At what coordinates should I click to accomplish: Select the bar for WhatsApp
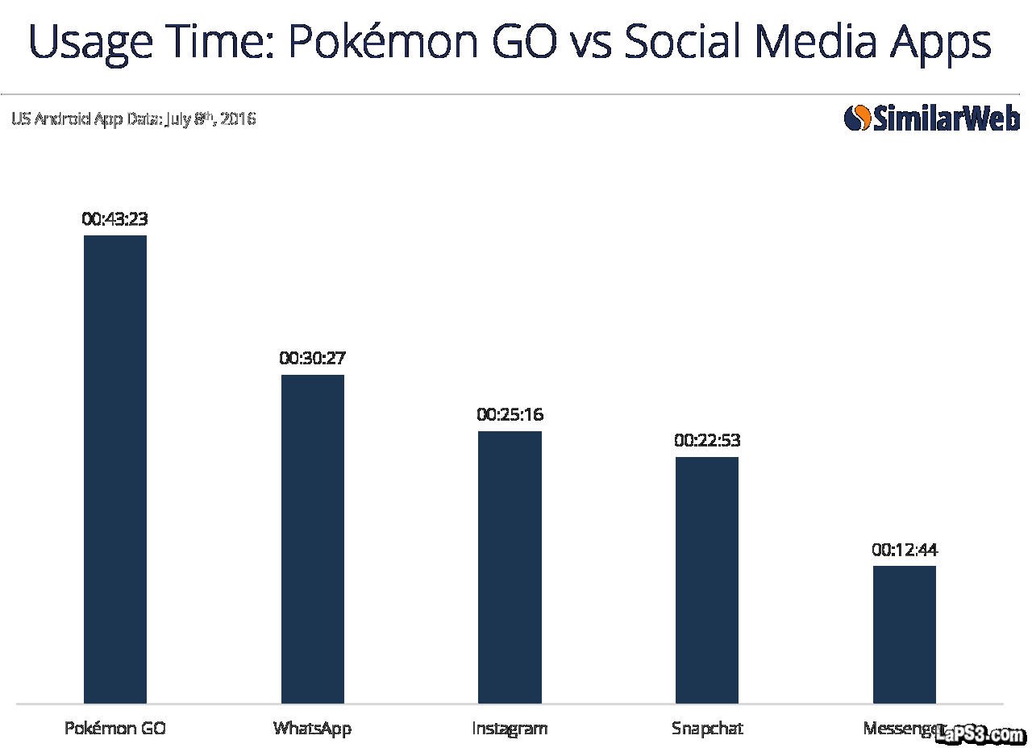[x=312, y=538]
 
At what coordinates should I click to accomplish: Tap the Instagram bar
[x=510, y=567]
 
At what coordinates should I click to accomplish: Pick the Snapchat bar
[x=707, y=580]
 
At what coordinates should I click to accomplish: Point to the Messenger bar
[x=904, y=634]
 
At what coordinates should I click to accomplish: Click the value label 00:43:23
[x=114, y=218]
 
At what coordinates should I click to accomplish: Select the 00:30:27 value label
[x=312, y=358]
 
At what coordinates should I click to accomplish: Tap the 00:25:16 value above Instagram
[x=510, y=415]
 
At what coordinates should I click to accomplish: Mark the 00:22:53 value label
[x=707, y=441]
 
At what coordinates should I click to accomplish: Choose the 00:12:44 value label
[x=904, y=551]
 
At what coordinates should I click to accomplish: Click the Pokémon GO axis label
[x=115, y=729]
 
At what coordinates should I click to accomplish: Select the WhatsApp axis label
[x=312, y=729]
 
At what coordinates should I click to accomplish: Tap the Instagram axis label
[x=510, y=729]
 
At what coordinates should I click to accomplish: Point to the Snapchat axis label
[x=707, y=729]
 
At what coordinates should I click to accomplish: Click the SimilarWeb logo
[x=931, y=118]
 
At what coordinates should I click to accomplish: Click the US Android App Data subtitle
[x=133, y=119]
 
